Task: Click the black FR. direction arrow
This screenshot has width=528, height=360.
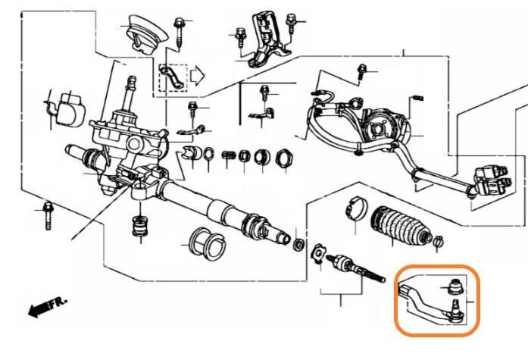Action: coord(39,309)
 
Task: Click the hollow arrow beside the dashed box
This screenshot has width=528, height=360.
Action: coord(197,76)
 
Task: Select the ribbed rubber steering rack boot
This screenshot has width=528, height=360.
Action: coord(401,224)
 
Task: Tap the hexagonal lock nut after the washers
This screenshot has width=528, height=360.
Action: coord(285,158)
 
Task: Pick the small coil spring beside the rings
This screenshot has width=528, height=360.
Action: coord(228,155)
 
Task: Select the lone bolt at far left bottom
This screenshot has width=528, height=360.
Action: coord(48,215)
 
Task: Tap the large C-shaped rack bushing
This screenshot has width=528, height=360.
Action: coord(206,244)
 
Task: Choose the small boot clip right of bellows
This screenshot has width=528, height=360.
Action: coord(438,241)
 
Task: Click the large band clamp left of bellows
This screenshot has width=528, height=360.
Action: coord(357,208)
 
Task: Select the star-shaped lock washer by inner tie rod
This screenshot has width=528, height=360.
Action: coord(319,252)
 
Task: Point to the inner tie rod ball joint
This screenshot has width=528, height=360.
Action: coord(341,263)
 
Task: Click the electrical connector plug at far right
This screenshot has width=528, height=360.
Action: coord(492,180)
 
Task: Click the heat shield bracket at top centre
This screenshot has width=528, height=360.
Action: coord(267,39)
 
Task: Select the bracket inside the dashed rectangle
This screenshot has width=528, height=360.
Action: coord(173,78)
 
